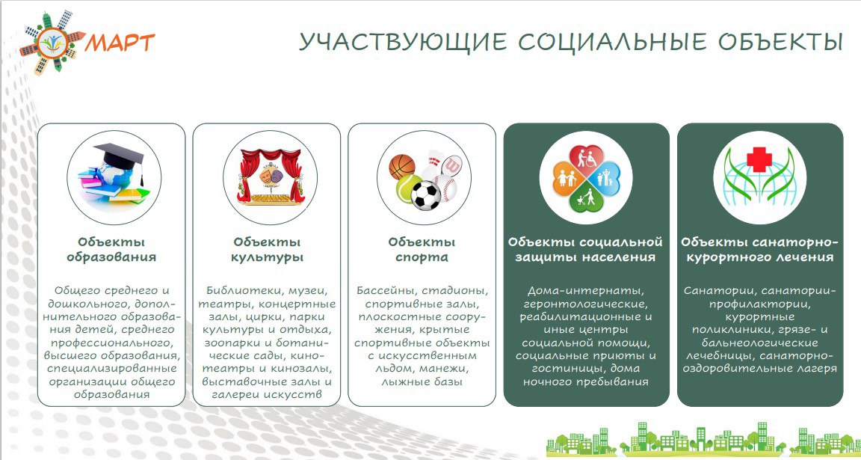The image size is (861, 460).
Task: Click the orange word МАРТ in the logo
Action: [x=119, y=42]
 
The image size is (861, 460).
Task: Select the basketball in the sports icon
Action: [x=402, y=167]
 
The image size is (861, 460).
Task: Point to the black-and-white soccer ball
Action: [x=425, y=195]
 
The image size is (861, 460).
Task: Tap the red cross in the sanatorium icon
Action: [x=759, y=159]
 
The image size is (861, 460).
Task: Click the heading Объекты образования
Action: [x=111, y=250]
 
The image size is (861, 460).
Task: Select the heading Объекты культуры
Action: [x=267, y=250]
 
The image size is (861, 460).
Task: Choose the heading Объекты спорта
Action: [x=422, y=250]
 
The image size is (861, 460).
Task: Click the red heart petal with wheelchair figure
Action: [x=586, y=159]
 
